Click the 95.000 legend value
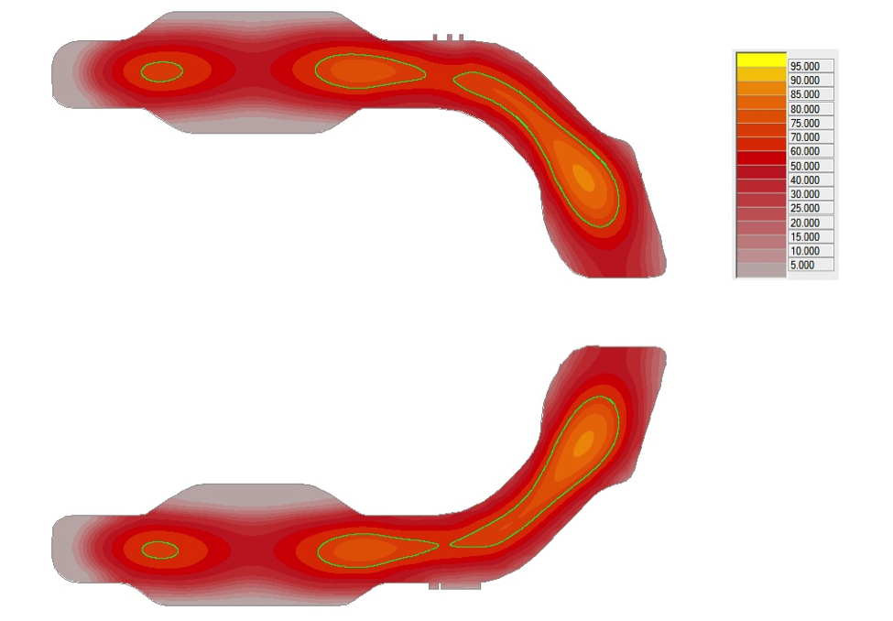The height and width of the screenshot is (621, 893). click(x=805, y=66)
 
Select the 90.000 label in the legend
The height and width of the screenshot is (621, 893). click(x=805, y=81)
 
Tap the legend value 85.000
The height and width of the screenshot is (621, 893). click(x=805, y=94)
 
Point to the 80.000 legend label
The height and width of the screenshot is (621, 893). click(x=805, y=109)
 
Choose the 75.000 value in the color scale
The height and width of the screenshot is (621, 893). click(x=805, y=123)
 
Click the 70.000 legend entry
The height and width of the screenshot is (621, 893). click(x=805, y=136)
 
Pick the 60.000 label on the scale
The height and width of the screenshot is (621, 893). click(x=805, y=151)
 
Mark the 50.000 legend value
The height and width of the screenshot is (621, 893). click(x=805, y=166)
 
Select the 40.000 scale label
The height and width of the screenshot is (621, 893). click(x=805, y=180)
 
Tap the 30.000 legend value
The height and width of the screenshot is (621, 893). click(x=805, y=193)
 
